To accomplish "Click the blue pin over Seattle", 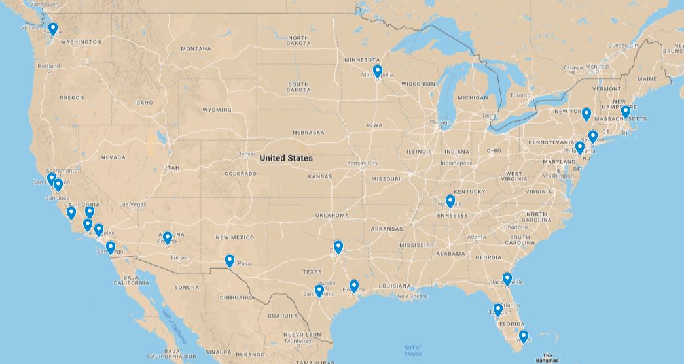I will click(53, 28).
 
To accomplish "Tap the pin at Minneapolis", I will click(378, 71).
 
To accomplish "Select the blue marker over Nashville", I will click(450, 201).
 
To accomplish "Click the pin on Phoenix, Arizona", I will click(168, 237).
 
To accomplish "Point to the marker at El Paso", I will click(230, 260).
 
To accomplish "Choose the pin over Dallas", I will click(338, 246).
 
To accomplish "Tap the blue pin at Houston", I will click(354, 285).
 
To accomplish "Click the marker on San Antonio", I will click(319, 290).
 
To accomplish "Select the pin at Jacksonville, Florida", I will click(507, 278).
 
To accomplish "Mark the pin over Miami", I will click(523, 336).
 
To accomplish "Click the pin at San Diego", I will click(111, 247).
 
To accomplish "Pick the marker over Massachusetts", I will click(626, 110).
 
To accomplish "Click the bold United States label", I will click(285, 158).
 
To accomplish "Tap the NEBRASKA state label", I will click(308, 133).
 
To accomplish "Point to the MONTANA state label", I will click(196, 49).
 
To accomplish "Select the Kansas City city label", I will click(362, 163).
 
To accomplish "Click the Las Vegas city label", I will click(134, 205).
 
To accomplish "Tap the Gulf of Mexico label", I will click(412, 350).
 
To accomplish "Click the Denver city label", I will click(246, 154).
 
